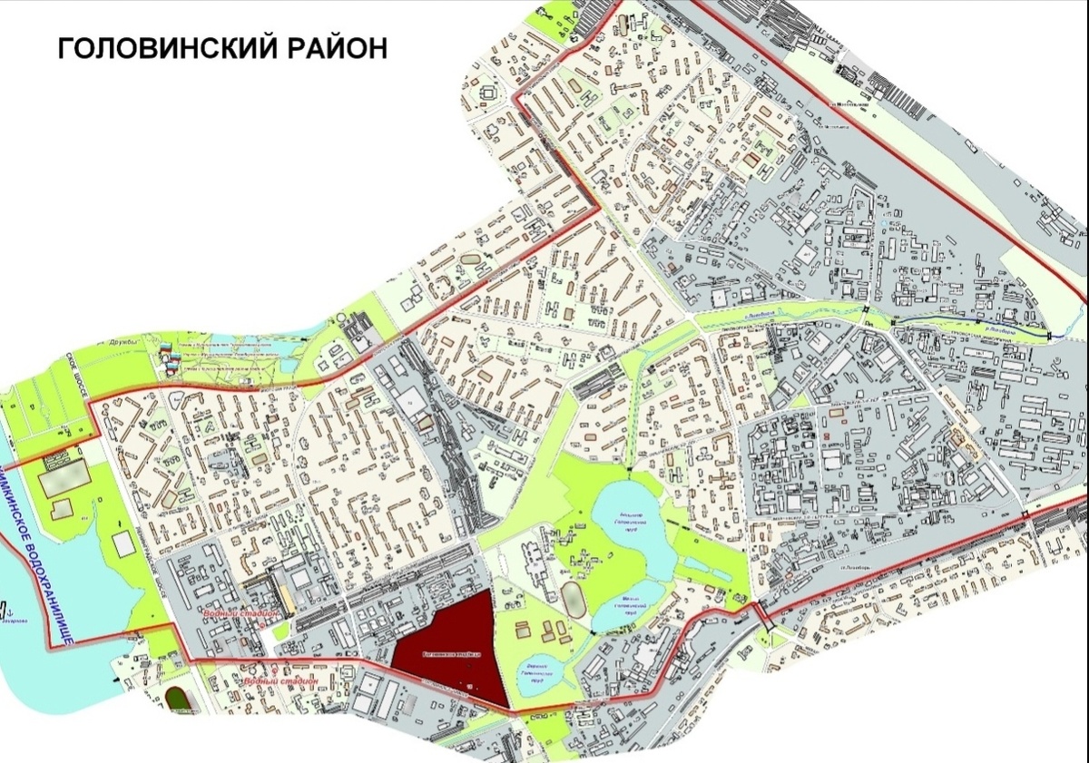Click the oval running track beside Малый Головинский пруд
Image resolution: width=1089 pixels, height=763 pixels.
click(573, 600)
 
